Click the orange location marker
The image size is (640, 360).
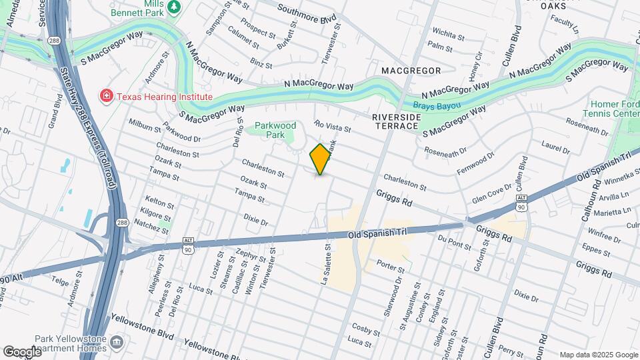(x=321, y=159)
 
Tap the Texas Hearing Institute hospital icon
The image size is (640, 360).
(x=105, y=97)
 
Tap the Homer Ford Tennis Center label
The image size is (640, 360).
(x=615, y=108)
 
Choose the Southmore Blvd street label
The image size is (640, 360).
(x=306, y=11)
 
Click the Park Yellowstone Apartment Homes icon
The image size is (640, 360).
(x=117, y=343)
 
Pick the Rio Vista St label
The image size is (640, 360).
(x=332, y=125)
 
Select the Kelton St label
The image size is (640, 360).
(x=159, y=201)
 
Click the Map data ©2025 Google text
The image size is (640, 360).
(x=598, y=355)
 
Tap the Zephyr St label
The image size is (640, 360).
(x=251, y=253)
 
